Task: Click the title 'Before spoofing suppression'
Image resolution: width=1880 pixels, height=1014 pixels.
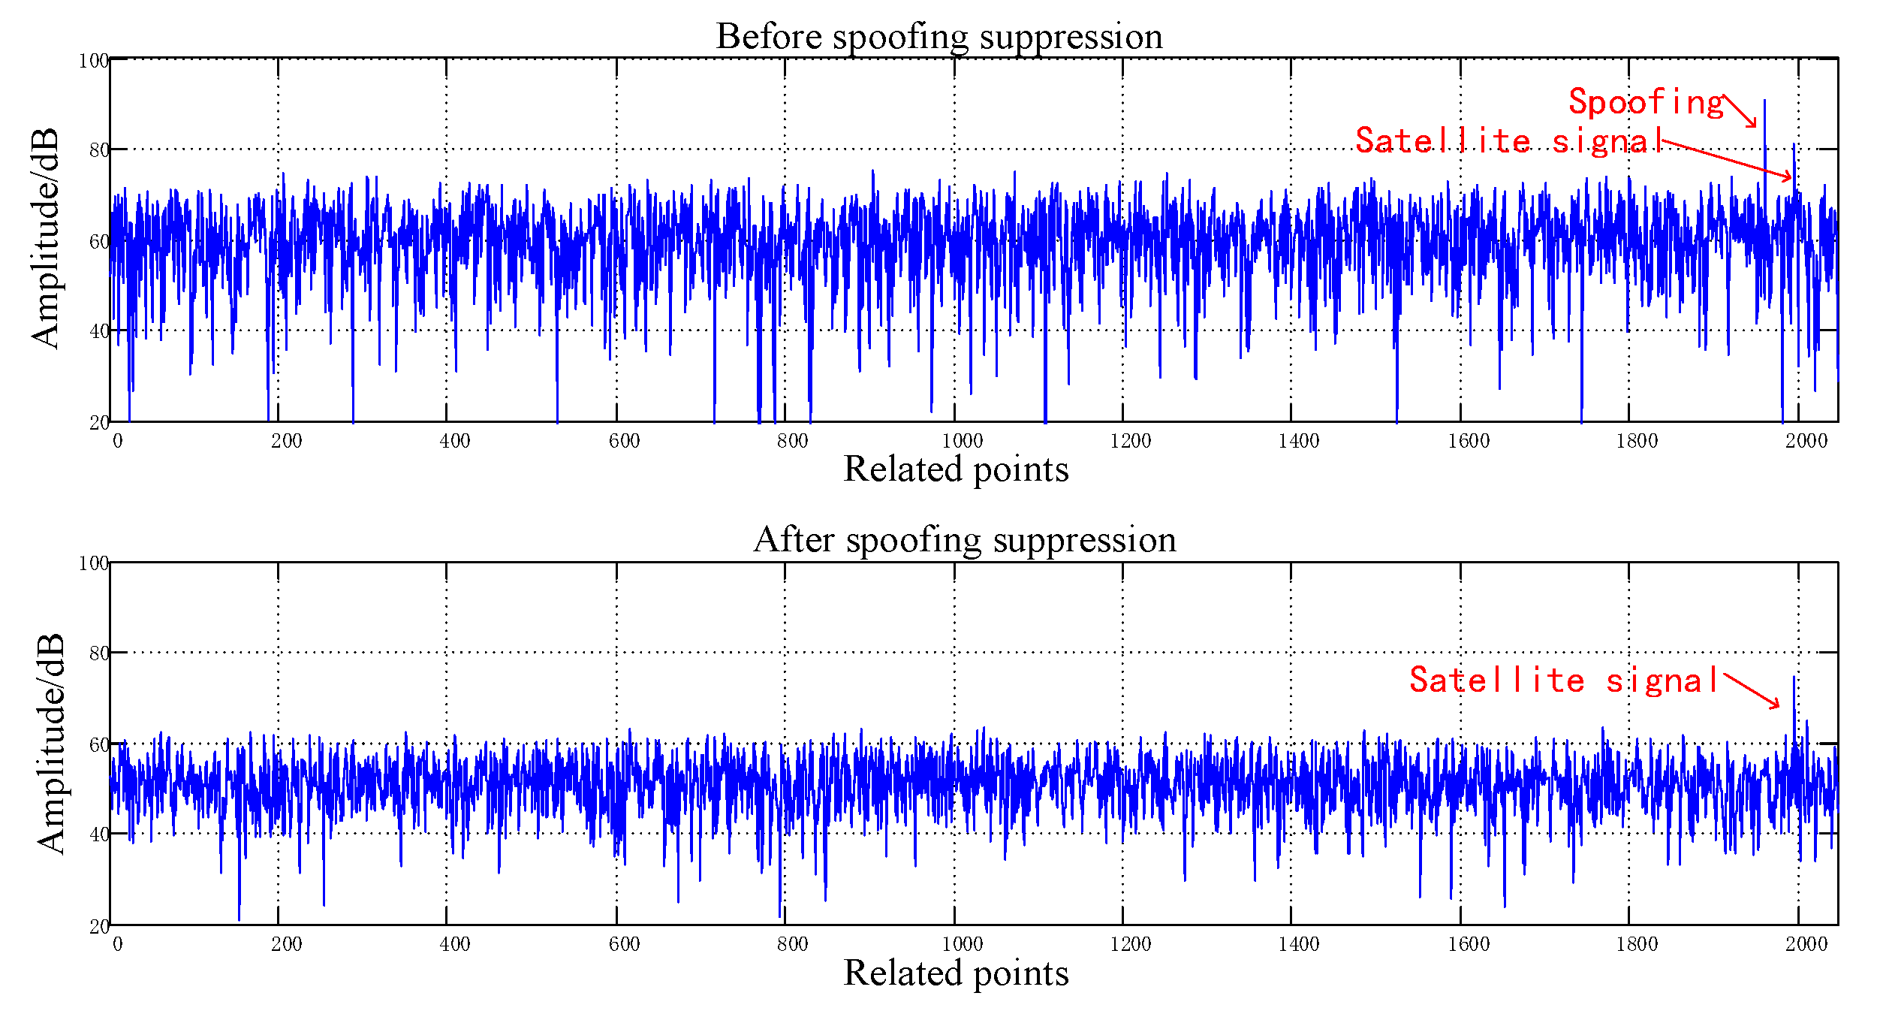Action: point(939,37)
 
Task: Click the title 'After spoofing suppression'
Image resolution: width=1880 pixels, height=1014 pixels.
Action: point(965,540)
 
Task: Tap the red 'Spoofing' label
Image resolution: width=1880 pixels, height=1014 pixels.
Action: point(1646,103)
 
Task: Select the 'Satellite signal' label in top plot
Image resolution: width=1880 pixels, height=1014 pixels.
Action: point(1509,141)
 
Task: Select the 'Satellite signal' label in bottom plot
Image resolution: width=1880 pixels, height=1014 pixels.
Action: point(1565,681)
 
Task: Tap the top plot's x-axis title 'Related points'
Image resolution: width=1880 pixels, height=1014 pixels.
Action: point(956,469)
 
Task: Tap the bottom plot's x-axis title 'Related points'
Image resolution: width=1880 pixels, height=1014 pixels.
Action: point(956,973)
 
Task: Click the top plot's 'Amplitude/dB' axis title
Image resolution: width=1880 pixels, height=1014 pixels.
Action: point(45,239)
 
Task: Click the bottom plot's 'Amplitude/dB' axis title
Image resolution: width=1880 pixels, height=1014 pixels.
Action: point(51,744)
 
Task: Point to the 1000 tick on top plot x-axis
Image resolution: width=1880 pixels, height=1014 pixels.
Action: point(962,441)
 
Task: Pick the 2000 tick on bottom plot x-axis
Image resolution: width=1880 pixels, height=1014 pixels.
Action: point(1806,944)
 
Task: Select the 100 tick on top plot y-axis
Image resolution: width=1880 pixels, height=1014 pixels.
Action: point(94,61)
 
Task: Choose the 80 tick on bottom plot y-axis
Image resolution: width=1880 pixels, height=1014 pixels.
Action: point(99,653)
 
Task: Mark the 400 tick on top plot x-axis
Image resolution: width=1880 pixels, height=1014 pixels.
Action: point(454,441)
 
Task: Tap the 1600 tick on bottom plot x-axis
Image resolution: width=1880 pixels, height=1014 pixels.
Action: point(1468,944)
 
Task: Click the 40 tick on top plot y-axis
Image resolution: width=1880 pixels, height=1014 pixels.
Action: point(99,331)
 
